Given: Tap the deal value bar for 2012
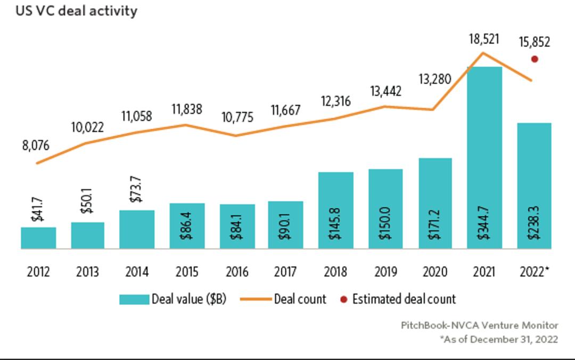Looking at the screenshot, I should pyautogui.click(x=38, y=238).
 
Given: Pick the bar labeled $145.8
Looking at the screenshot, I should pyautogui.click(x=335, y=210).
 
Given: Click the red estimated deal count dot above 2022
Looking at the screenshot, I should pyautogui.click(x=535, y=59).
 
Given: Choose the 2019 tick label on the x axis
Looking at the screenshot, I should pyautogui.click(x=385, y=272).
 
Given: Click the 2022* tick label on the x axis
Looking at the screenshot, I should pyautogui.click(x=533, y=272).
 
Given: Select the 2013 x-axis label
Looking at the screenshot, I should pyautogui.click(x=87, y=272).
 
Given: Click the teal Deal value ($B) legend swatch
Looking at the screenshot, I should pyautogui.click(x=134, y=299).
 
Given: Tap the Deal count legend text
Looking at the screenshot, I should pyautogui.click(x=300, y=299).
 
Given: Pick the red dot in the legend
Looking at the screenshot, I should pyautogui.click(x=343, y=300).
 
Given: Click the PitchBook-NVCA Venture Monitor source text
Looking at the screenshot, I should pyautogui.click(x=479, y=325).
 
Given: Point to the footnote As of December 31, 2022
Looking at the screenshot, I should pyautogui.click(x=498, y=339).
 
